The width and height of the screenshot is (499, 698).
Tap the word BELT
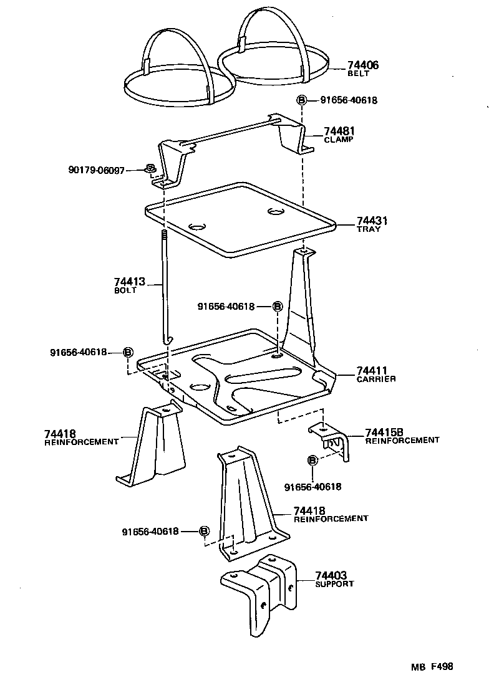pyautogui.click(x=359, y=74)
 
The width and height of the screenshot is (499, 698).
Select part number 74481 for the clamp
pyautogui.click(x=339, y=131)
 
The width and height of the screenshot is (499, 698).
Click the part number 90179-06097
pyautogui.click(x=97, y=170)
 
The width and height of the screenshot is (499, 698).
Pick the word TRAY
pyautogui.click(x=369, y=229)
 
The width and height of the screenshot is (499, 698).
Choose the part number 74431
pyautogui.click(x=372, y=221)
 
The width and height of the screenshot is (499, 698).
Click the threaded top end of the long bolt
pyautogui.click(x=164, y=235)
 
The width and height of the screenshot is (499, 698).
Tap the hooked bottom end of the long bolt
pyautogui.click(x=167, y=338)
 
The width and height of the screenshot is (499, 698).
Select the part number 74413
pyautogui.click(x=129, y=282)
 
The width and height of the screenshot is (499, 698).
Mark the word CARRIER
pyautogui.click(x=376, y=379)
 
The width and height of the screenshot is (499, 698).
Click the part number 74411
pyautogui.click(x=372, y=370)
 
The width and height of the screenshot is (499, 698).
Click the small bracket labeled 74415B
pyautogui.click(x=331, y=439)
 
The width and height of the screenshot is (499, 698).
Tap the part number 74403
pyautogui.click(x=331, y=575)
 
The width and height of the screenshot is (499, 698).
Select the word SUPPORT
pyautogui.click(x=334, y=584)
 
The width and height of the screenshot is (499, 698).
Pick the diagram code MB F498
pyautogui.click(x=431, y=666)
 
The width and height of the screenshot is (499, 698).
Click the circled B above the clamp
pyautogui.click(x=301, y=100)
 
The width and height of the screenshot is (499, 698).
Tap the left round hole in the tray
pyautogui.click(x=197, y=226)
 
